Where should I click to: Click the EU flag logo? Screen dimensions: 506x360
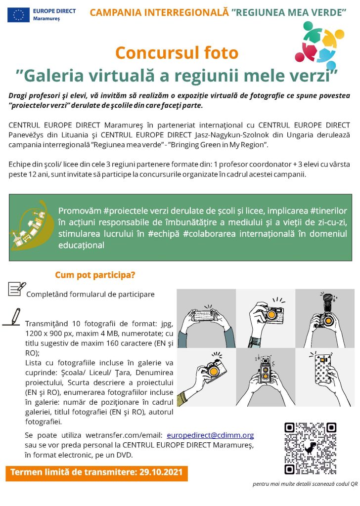coord(18,15)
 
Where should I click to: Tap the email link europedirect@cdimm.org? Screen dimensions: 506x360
coord(210,435)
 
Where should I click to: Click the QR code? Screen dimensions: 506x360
coord(310,448)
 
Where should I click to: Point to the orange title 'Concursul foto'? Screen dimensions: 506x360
coord(177,52)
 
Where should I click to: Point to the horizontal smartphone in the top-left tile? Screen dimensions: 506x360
coord(206,316)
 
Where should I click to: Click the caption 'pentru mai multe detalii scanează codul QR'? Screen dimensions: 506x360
coord(305,484)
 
